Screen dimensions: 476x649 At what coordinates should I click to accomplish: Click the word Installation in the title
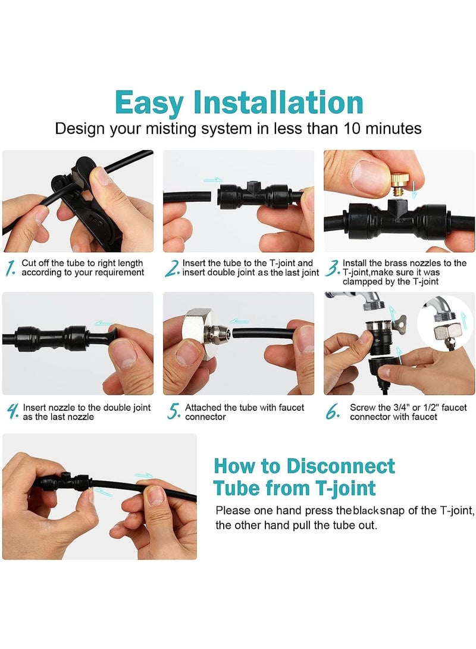278,102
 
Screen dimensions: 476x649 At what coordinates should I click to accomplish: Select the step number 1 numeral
10,268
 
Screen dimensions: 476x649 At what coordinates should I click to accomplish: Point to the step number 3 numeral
332,268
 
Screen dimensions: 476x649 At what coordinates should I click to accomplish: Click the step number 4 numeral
12,412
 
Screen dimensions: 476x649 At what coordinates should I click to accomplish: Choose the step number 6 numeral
333,411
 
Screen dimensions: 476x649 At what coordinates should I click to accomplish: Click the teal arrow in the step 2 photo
214,180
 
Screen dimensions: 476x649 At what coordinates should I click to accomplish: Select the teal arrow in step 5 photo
239,321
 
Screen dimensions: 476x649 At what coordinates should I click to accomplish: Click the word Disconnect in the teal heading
340,466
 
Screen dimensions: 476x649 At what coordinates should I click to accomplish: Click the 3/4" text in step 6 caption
400,407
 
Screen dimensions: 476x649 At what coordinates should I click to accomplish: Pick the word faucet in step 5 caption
291,408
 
